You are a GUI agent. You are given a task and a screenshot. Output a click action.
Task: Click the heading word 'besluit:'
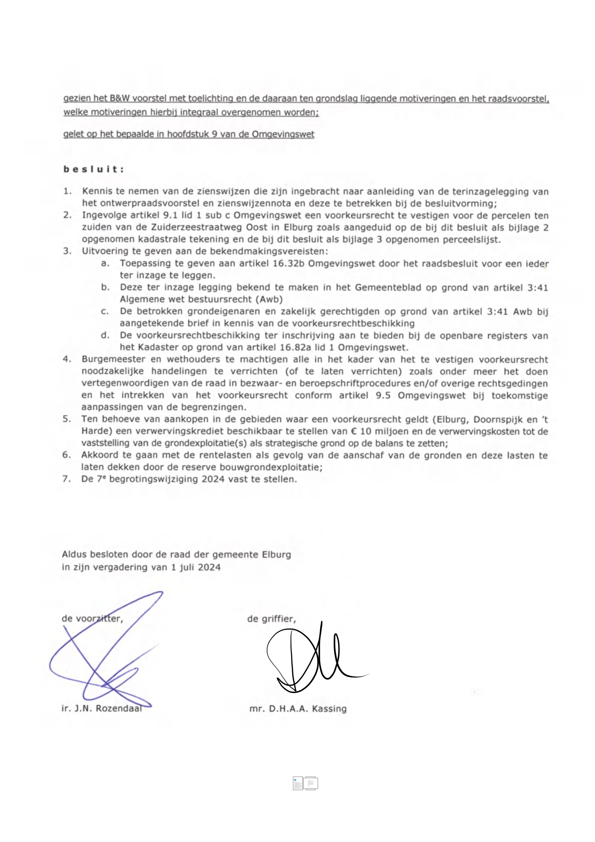coord(94,169)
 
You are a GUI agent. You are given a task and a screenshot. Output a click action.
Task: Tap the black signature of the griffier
coord(312,660)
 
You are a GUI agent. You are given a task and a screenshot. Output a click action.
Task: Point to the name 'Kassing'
coord(329,709)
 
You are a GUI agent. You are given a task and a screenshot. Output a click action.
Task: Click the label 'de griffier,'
coord(272,619)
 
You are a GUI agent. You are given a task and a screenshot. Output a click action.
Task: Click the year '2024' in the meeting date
coord(209,567)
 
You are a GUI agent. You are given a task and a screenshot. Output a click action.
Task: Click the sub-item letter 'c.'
coord(105,312)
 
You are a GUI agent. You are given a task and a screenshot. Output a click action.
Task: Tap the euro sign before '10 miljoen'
coord(354,431)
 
